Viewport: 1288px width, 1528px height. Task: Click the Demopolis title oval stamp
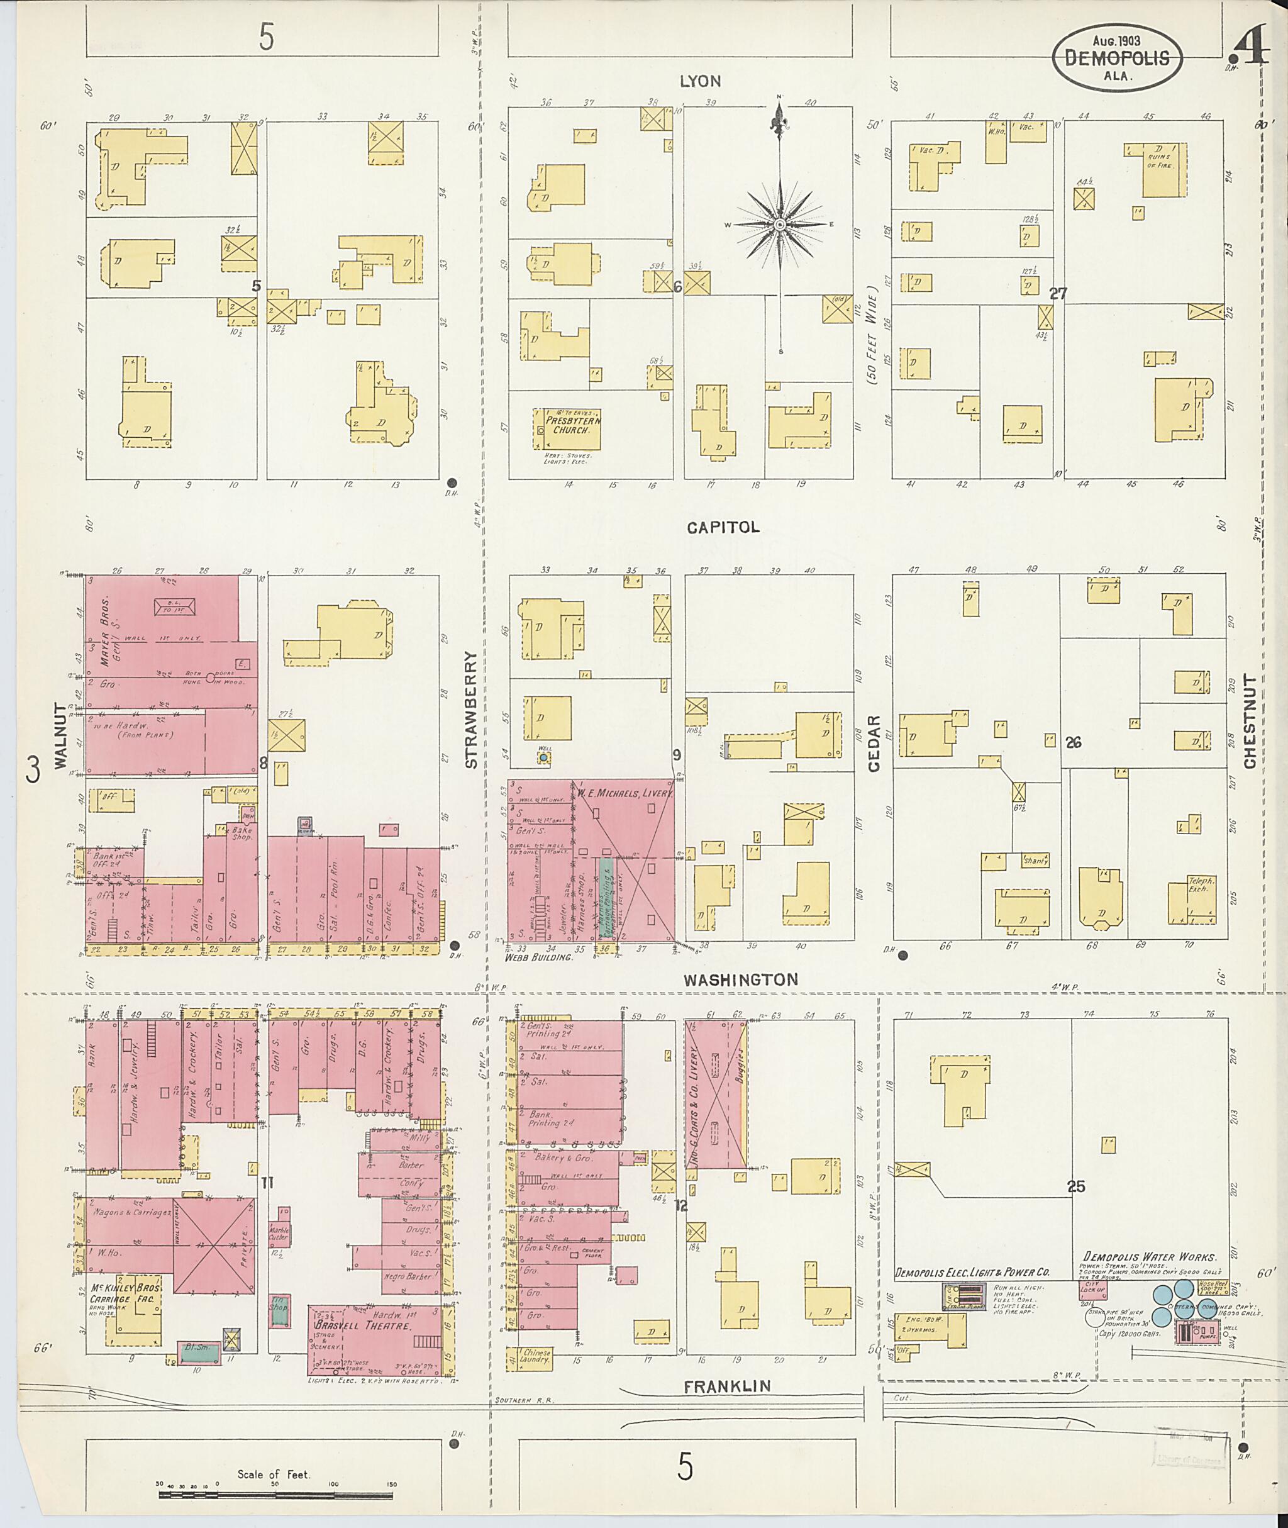click(x=1117, y=59)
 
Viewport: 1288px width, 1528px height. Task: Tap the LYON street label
click(x=700, y=81)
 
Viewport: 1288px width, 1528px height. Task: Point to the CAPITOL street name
click(x=722, y=527)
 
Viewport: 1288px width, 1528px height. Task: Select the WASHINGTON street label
click(x=741, y=979)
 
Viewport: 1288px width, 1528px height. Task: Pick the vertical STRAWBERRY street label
click(x=471, y=709)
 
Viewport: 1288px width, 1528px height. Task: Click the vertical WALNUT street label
click(x=59, y=735)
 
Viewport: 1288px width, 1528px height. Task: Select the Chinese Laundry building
click(x=536, y=1357)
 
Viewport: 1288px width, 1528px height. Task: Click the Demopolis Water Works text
click(x=1150, y=1256)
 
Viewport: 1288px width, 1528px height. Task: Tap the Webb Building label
click(x=538, y=957)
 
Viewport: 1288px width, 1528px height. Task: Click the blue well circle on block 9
click(x=543, y=759)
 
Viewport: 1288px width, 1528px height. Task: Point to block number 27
click(x=1058, y=294)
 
